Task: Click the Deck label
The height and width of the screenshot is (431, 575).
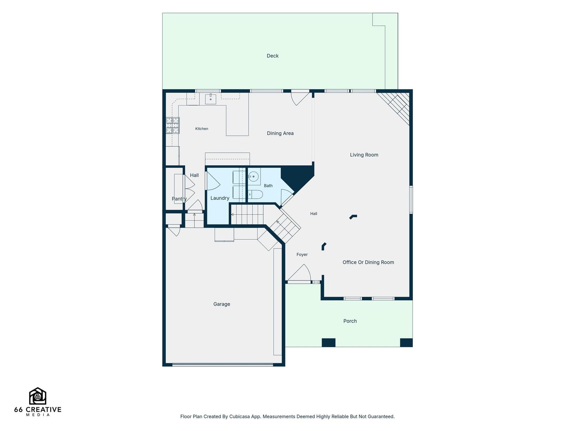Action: (x=272, y=56)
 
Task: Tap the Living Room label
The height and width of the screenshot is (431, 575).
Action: (x=364, y=155)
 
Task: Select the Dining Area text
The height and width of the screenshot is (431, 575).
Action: (x=280, y=133)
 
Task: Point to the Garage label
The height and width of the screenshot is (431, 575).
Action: (x=222, y=304)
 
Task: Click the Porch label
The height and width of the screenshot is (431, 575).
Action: (x=350, y=321)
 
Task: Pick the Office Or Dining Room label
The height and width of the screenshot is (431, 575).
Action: (x=368, y=262)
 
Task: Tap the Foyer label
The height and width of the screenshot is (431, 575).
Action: (x=302, y=255)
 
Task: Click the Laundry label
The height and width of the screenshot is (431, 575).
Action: (x=220, y=198)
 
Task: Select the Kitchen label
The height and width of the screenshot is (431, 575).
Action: (x=202, y=129)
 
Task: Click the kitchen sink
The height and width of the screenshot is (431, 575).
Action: (x=210, y=99)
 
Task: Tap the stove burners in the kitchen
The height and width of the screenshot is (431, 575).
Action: (x=172, y=126)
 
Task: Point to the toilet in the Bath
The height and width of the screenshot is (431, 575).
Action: (x=255, y=195)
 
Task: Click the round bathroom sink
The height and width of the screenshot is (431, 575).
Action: (x=253, y=177)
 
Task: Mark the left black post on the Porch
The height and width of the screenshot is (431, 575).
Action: (x=328, y=343)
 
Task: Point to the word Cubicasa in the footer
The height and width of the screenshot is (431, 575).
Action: (x=239, y=417)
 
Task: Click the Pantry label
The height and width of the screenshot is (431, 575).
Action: (x=179, y=199)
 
